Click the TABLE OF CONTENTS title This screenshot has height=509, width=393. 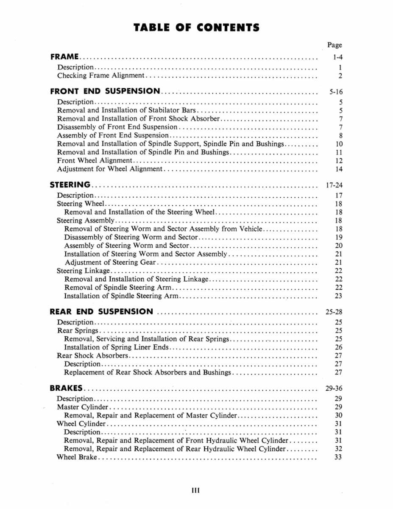pyautogui.click(x=196, y=28)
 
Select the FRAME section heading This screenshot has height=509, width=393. pyautogui.click(x=64, y=56)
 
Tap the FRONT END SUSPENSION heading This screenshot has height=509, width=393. pyautogui.click(x=105, y=91)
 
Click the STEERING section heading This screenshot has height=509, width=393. pyautogui.click(x=70, y=185)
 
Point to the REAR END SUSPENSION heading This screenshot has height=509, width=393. pyautogui.click(x=102, y=311)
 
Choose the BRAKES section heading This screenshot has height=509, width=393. pyautogui.click(x=66, y=388)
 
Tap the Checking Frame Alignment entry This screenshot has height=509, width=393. pyautogui.click(x=101, y=76)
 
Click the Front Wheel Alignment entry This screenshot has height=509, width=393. pyautogui.click(x=95, y=160)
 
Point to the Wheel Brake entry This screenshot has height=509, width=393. pyautogui.click(x=77, y=457)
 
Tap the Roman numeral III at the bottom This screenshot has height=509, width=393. pyautogui.click(x=196, y=491)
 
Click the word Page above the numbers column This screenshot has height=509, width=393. pyautogui.click(x=334, y=45)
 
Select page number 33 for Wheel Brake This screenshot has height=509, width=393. pyautogui.click(x=338, y=457)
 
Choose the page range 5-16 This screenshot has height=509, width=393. pyautogui.click(x=335, y=92)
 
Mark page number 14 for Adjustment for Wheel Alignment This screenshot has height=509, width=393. pyautogui.click(x=338, y=169)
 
